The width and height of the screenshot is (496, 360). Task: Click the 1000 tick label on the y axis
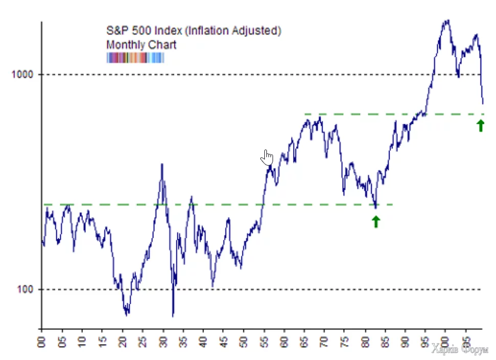click(22, 74)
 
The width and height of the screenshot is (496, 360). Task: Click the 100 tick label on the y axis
click(25, 289)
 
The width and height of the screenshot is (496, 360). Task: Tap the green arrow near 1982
click(376, 221)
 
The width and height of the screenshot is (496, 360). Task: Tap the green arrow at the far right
click(480, 125)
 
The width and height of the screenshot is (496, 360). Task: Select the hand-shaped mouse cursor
click(267, 157)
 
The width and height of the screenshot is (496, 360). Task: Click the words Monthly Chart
click(141, 45)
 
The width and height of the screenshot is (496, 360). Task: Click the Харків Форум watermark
click(460, 350)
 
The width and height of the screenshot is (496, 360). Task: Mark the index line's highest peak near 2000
click(447, 21)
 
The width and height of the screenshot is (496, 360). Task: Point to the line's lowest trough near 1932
click(173, 316)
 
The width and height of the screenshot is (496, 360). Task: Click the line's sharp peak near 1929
click(162, 165)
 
